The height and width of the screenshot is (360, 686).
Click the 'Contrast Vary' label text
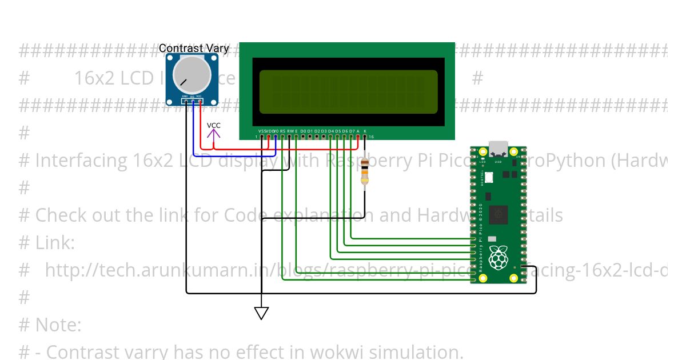[193, 49]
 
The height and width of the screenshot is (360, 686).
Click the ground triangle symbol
[261, 313]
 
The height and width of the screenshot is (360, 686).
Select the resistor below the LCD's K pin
[365, 172]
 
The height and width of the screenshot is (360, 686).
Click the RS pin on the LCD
[282, 136]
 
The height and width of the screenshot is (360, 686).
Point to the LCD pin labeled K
[365, 136]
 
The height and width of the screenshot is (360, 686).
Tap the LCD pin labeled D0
[303, 136]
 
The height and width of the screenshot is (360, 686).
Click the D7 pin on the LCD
[351, 136]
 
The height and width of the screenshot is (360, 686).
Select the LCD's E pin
[296, 136]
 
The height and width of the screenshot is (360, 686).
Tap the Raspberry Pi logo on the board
[498, 258]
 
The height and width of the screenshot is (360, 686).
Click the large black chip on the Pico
[499, 214]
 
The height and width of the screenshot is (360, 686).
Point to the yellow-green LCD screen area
[348, 92]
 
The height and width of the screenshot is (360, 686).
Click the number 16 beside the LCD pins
[371, 137]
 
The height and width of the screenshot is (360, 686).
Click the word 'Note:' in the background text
[58, 325]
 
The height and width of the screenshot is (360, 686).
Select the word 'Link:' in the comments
[55, 243]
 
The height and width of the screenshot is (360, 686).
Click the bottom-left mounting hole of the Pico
[482, 278]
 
